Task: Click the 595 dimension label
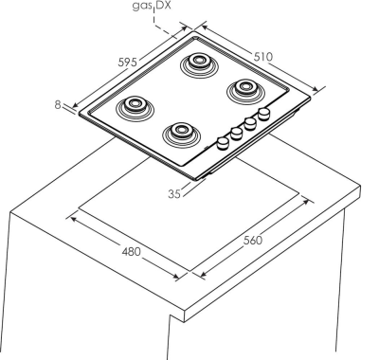[x=128, y=62]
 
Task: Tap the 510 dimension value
[x=262, y=57]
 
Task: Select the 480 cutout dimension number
[x=131, y=252]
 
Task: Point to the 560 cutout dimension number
[x=253, y=241]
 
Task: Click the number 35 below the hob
[x=174, y=193]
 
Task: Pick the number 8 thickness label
[x=58, y=104]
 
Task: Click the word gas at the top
[x=142, y=6]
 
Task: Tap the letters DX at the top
[x=163, y=6]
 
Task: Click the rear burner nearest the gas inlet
[x=199, y=64]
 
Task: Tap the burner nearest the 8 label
[x=135, y=108]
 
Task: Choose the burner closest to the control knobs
[x=181, y=135]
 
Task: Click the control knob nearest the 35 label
[x=223, y=143]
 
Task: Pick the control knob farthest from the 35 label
[x=264, y=114]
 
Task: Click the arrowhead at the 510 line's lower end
[x=316, y=90]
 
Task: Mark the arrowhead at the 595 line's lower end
[x=76, y=105]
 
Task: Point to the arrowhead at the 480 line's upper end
[x=73, y=219]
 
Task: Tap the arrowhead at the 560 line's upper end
[x=306, y=201]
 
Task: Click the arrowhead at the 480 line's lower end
[x=175, y=277]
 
